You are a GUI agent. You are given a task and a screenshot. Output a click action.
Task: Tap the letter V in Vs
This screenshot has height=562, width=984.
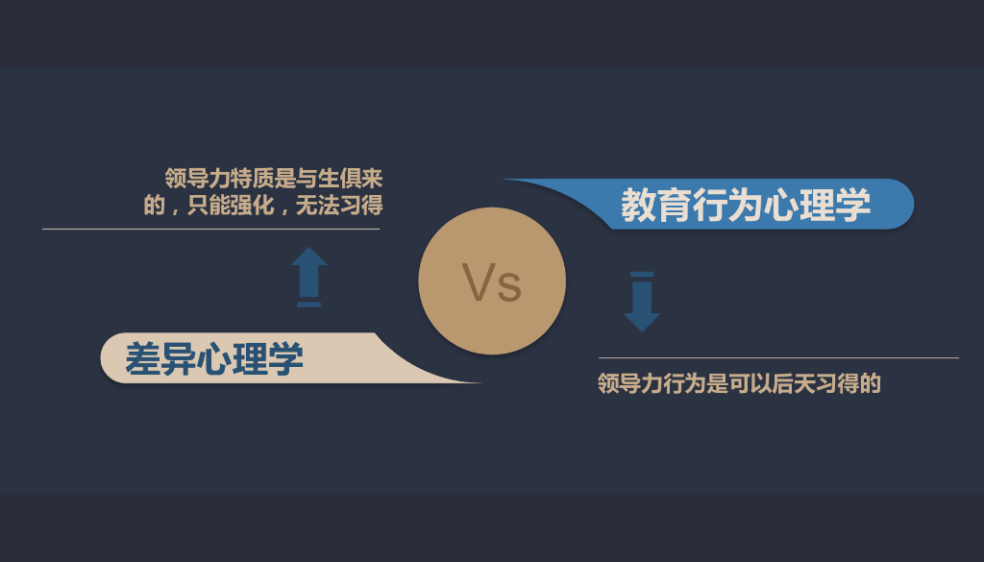478,281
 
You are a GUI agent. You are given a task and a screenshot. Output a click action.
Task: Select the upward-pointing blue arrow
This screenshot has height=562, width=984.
308,271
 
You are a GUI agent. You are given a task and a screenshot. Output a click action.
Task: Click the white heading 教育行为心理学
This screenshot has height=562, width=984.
746,205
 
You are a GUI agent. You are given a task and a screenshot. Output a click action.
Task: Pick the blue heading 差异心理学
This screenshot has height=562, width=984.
214,359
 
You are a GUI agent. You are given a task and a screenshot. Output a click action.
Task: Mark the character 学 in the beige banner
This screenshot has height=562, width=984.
285,359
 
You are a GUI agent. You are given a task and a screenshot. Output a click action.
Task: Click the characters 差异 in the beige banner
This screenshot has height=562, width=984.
160,359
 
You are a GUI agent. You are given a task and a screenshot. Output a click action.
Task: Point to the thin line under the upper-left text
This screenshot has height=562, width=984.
210,229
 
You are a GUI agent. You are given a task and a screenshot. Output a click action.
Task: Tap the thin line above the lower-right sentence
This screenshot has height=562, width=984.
778,357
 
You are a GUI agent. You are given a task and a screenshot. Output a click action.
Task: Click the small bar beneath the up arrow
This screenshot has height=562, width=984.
308,304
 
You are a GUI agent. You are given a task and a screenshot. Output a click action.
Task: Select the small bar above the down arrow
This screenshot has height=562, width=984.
641,275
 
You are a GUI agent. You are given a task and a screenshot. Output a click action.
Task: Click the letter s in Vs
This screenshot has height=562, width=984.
509,286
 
